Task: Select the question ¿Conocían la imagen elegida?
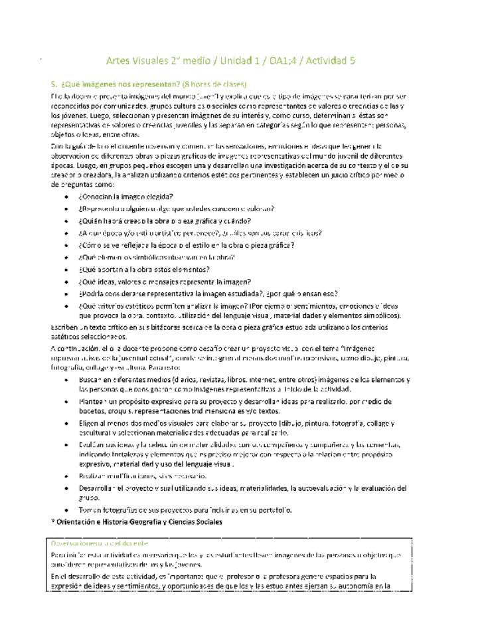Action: [125, 197]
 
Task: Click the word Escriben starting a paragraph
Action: [65, 328]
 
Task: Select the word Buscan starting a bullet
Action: [90, 379]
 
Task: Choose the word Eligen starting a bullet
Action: [90, 423]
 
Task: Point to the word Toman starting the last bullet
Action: [90, 510]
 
